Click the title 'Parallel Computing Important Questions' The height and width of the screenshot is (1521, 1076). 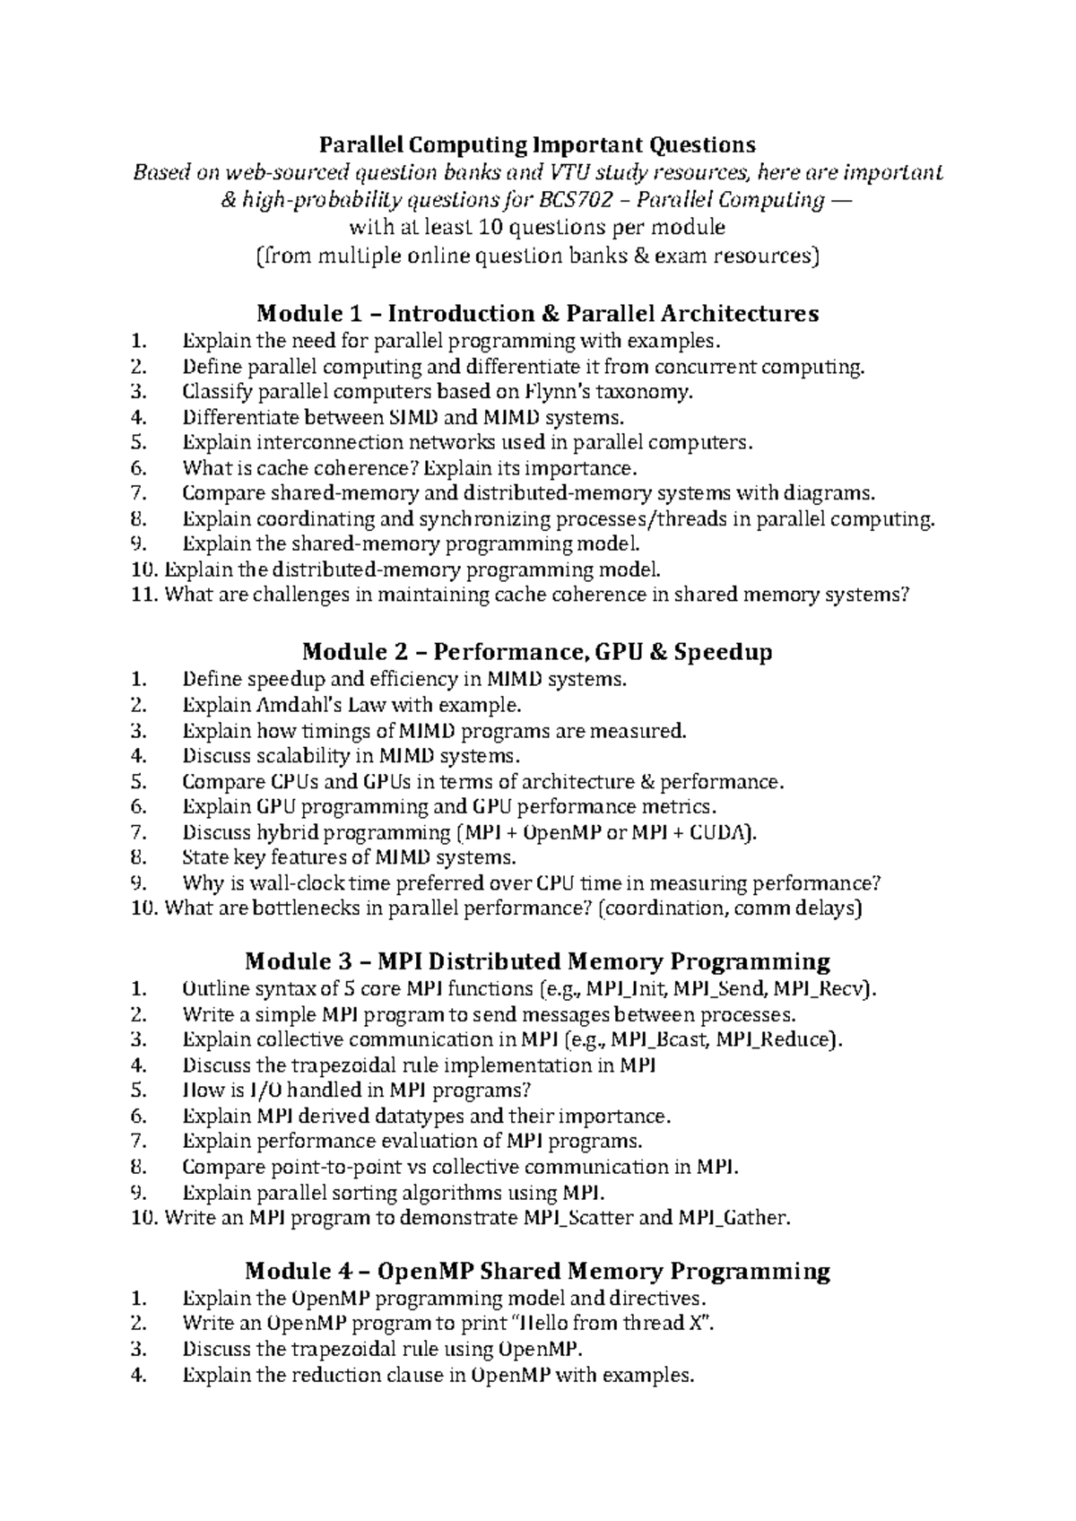(537, 144)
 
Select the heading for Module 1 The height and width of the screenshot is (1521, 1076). (537, 313)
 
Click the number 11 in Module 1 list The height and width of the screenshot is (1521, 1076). (144, 595)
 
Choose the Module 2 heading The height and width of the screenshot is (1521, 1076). (537, 651)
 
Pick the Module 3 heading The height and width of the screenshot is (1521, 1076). (537, 961)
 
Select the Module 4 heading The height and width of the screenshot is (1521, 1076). (537, 1271)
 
